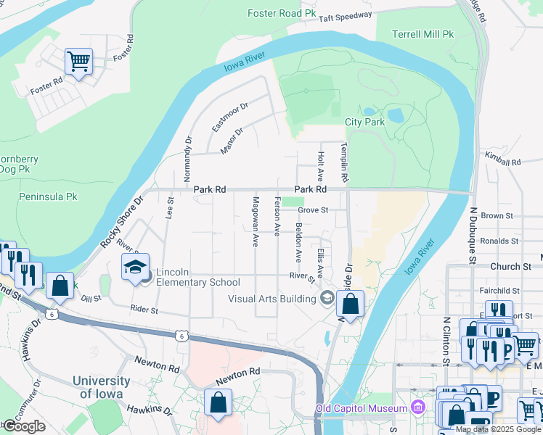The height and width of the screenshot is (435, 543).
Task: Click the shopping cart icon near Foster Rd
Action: pos(78,62)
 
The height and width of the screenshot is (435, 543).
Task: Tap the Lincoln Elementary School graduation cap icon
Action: pos(134,268)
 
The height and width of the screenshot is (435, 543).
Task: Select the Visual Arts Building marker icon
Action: pos(327,297)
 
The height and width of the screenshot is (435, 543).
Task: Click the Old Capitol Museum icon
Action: pos(417,408)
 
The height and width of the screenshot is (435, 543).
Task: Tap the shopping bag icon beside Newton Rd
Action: pos(218,403)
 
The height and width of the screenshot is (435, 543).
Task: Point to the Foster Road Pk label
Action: pos(282,13)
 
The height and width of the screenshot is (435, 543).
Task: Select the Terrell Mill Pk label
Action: pos(422,34)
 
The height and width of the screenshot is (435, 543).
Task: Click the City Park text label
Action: pos(364,122)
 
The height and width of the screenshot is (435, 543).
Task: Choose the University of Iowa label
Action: pos(101,387)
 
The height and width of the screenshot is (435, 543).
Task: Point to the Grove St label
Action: pos(313,211)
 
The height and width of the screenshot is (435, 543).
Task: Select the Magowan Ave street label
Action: pos(256,222)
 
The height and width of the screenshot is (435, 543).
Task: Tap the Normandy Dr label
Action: pos(187,159)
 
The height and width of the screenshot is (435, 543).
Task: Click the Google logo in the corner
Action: pos(24,427)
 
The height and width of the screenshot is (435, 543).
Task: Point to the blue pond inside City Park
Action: pos(396,115)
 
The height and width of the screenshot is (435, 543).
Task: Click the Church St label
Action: pos(505,267)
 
